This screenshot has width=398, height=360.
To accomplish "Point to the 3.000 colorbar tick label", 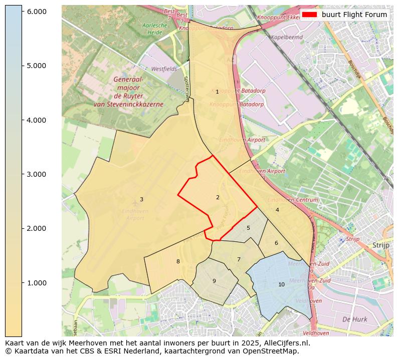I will [36, 174].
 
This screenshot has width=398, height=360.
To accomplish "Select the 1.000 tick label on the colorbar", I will [36, 283].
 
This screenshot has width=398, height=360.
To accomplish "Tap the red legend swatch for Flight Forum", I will [310, 15].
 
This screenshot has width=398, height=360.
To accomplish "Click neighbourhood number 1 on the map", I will [217, 92].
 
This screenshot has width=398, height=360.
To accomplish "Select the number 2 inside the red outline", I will [218, 197].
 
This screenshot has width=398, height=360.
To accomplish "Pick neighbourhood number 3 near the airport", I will [141, 200].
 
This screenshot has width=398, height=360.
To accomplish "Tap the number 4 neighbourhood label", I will [277, 210].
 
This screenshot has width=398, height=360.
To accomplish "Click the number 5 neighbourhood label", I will [248, 228].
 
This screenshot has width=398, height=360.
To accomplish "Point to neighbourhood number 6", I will [276, 243].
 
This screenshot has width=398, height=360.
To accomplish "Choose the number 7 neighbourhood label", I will [239, 259].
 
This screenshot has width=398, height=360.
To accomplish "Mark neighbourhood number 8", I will [178, 261].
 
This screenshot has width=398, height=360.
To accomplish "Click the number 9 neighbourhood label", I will [214, 281].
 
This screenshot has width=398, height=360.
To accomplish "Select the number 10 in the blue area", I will [281, 284].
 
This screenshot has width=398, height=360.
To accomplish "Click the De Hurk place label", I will [354, 319].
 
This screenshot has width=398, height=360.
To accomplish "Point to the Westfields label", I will [164, 69].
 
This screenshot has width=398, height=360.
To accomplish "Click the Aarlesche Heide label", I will [154, 28].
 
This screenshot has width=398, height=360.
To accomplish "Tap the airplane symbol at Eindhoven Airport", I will [135, 203].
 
